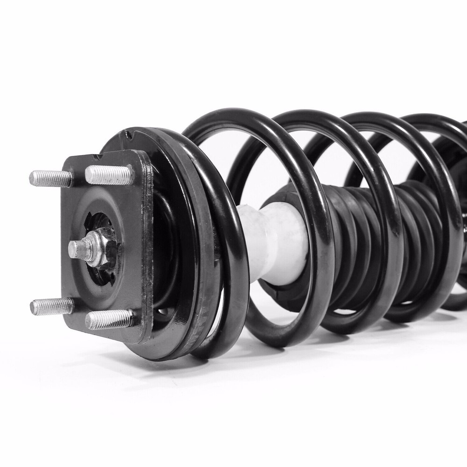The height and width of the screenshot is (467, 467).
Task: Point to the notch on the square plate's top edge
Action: [x=99, y=156]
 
